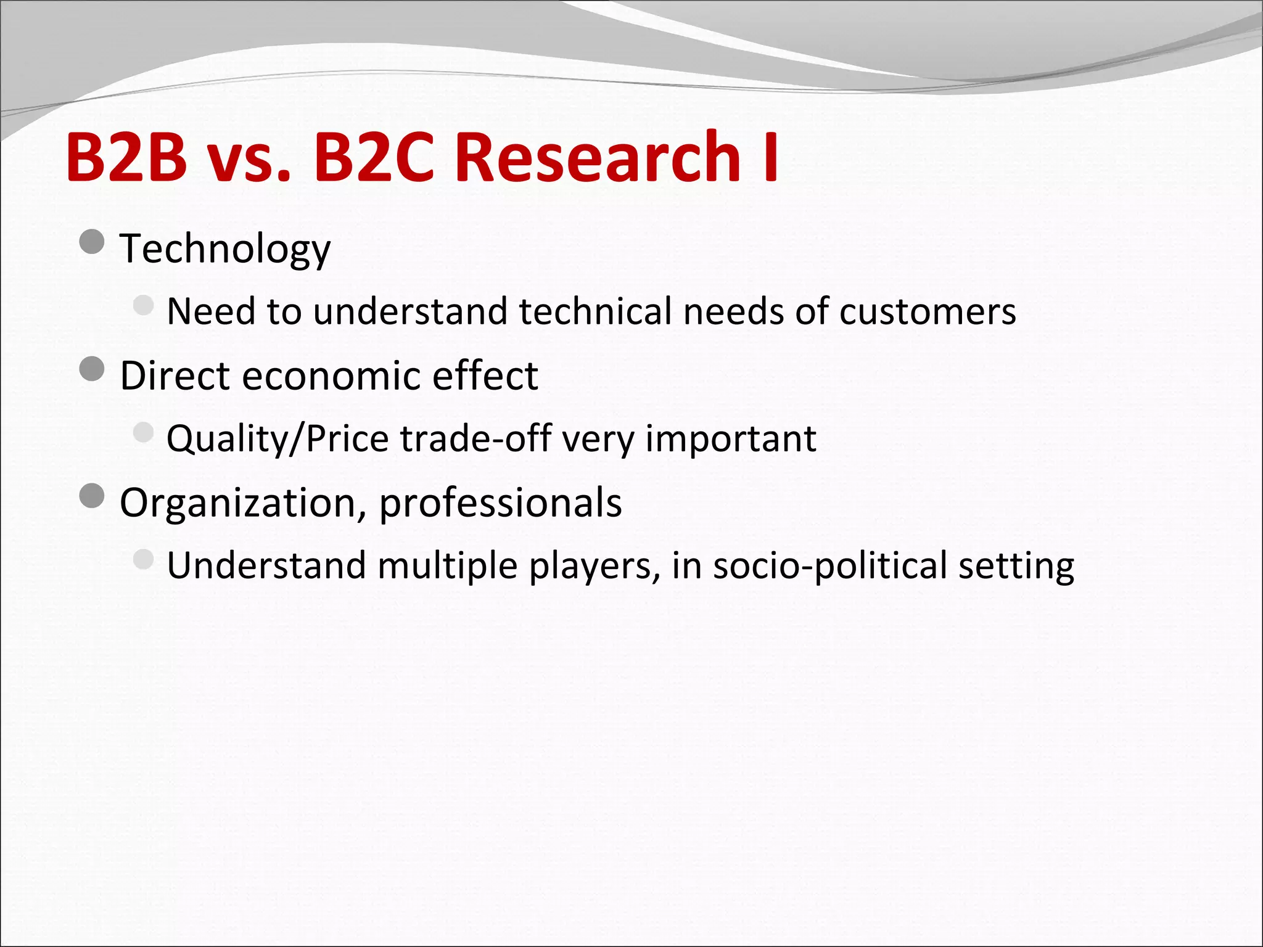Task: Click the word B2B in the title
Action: click(x=126, y=157)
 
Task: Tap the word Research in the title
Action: click(x=598, y=157)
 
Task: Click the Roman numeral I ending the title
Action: click(x=770, y=157)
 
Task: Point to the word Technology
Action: click(x=225, y=249)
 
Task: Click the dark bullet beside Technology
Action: click(x=92, y=242)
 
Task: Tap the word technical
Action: click(x=595, y=311)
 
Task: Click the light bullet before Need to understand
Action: click(x=143, y=305)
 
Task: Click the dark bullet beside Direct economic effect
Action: click(x=92, y=370)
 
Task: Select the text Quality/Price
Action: click(x=278, y=440)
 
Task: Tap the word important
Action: click(x=731, y=440)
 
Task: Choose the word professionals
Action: click(x=500, y=504)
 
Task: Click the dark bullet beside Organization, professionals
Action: click(x=92, y=496)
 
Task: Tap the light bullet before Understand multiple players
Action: click(x=143, y=559)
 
